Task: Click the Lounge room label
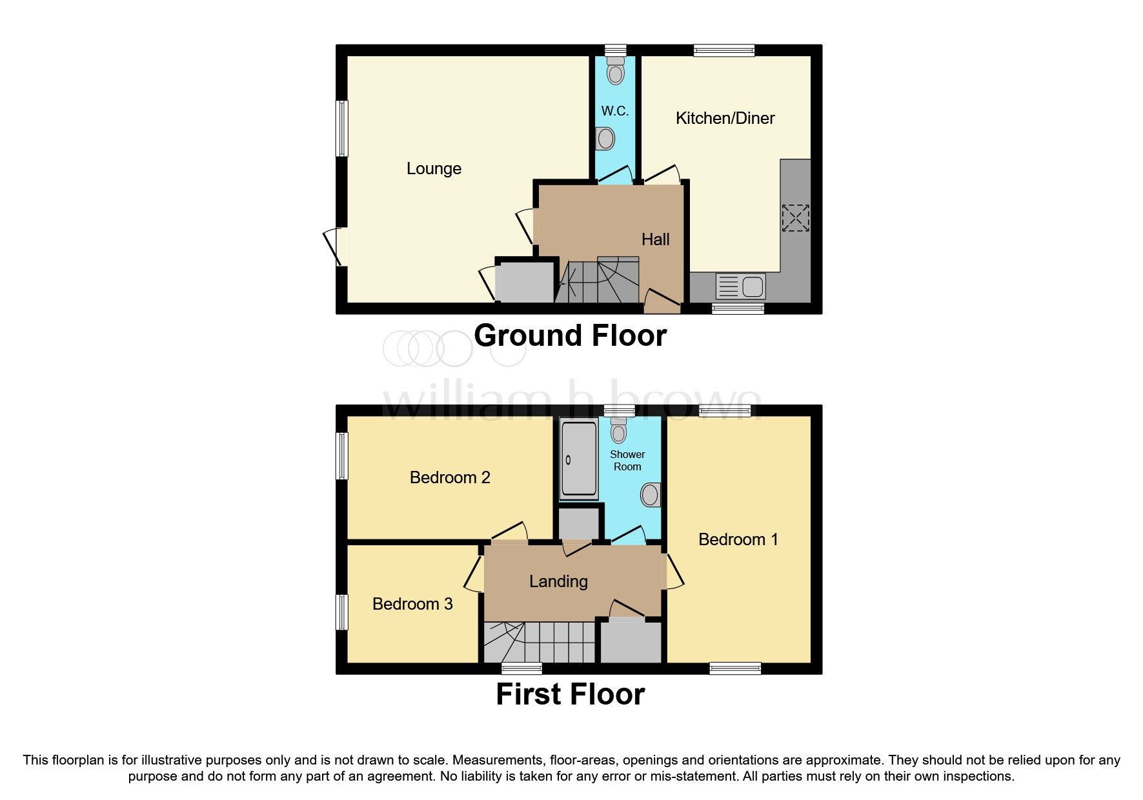[434, 168]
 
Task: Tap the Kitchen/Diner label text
[725, 118]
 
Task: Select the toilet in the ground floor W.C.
[616, 72]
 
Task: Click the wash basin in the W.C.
[605, 139]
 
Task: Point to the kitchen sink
[741, 286]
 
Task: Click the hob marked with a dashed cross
[795, 217]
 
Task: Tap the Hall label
[655, 239]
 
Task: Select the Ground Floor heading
[570, 335]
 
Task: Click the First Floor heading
[570, 694]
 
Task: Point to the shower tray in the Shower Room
[578, 459]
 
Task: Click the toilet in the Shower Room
[618, 431]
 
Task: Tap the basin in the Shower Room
[651, 495]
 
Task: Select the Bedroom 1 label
[738, 539]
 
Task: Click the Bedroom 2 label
[450, 477]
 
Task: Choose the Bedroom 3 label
[412, 604]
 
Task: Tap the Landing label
[558, 581]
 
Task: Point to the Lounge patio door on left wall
[333, 247]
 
